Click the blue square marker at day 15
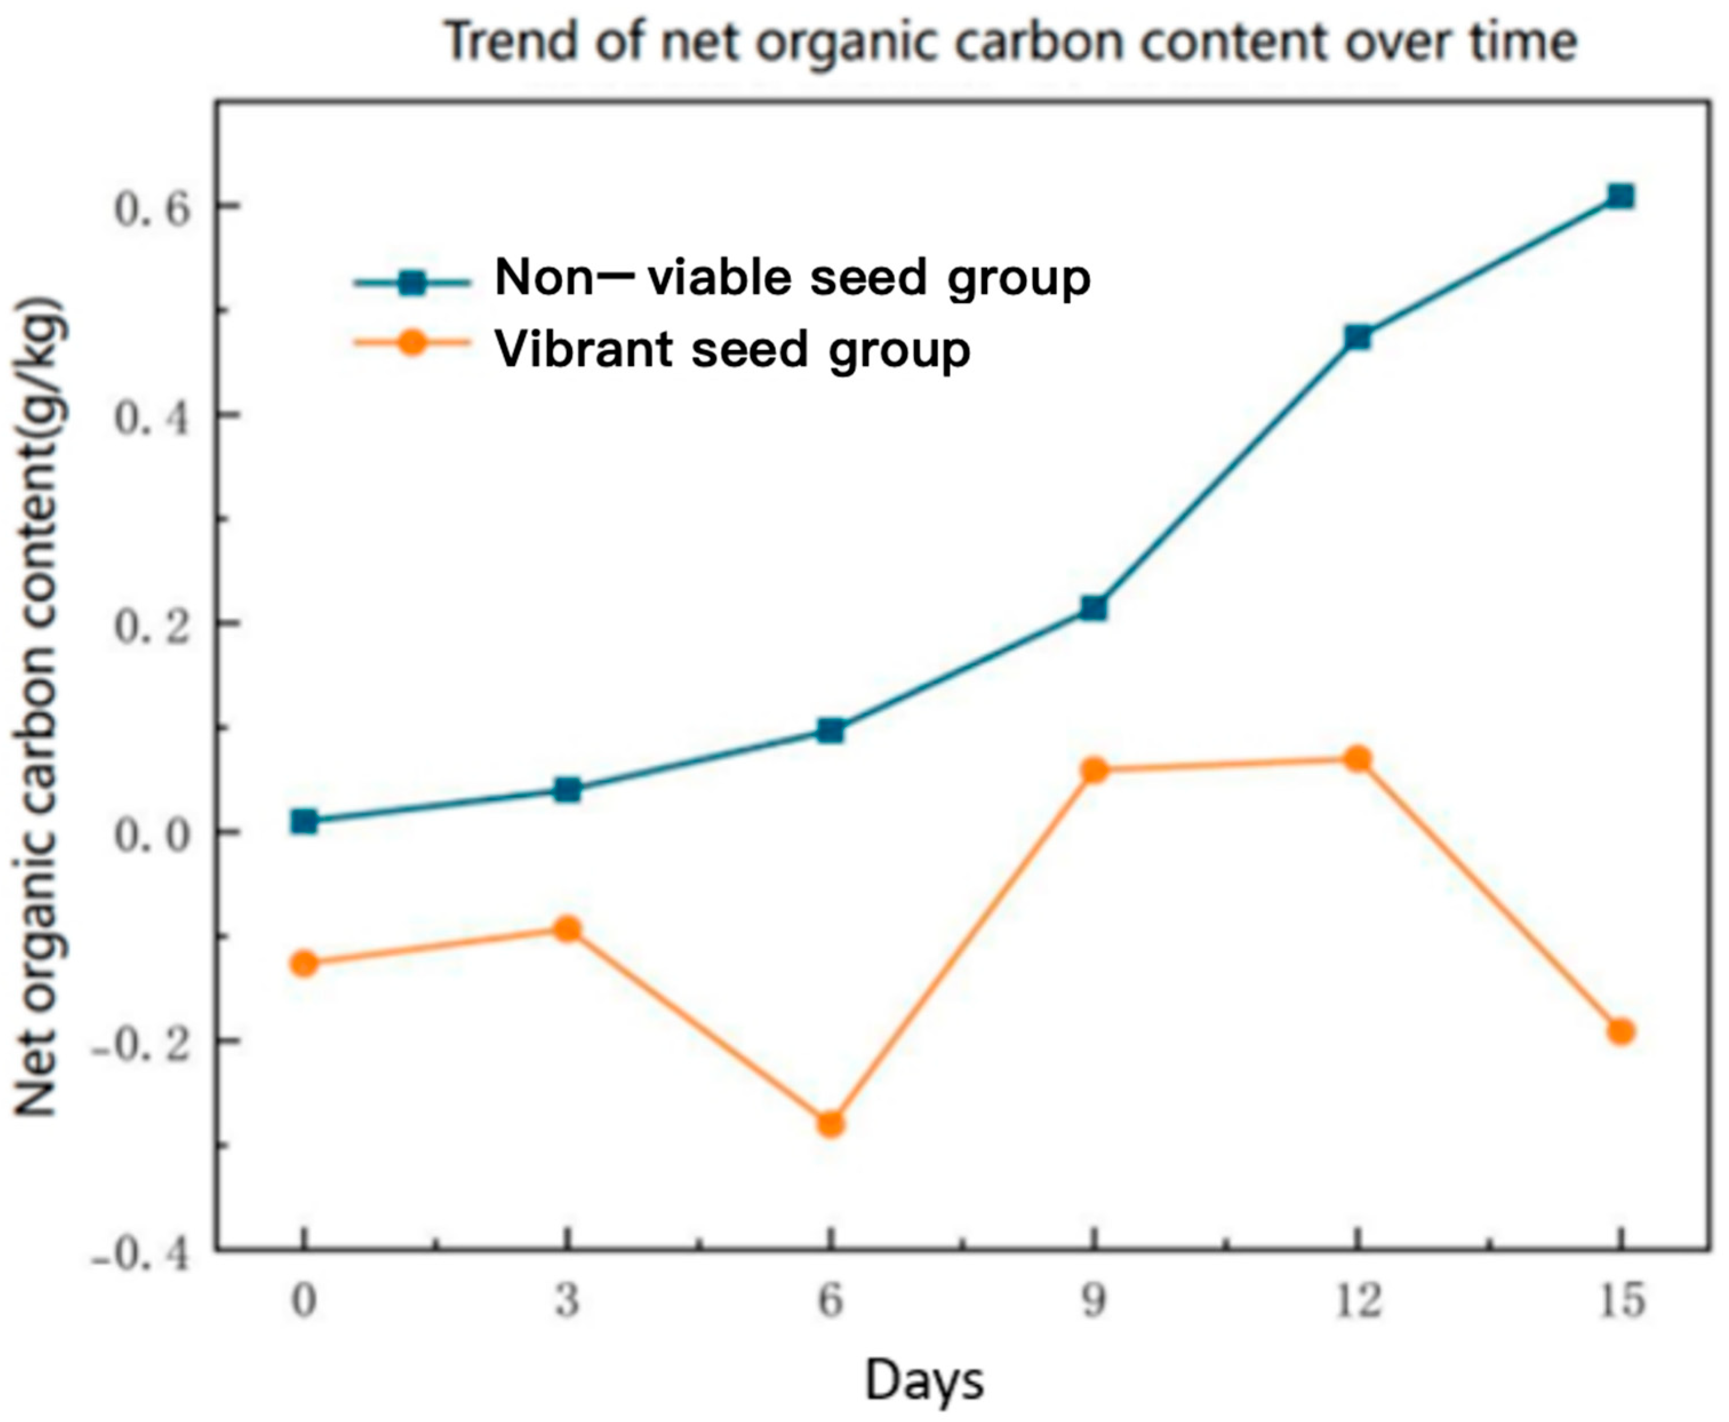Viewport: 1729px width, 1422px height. point(1619,196)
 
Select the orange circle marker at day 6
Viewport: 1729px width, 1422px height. point(831,1124)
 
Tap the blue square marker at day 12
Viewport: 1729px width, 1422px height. point(1357,337)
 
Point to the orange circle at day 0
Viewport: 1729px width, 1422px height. point(304,963)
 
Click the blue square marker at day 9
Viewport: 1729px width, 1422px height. point(1094,608)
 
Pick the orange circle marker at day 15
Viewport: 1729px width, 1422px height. point(1620,1031)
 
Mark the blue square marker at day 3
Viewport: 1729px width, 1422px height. point(567,790)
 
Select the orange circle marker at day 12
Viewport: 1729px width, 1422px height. point(1357,758)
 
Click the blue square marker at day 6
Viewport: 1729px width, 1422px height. point(831,730)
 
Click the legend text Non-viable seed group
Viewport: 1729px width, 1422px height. point(792,278)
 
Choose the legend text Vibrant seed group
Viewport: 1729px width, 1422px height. point(732,350)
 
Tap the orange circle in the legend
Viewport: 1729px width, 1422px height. point(413,342)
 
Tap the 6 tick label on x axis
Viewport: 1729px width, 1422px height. point(831,1301)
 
